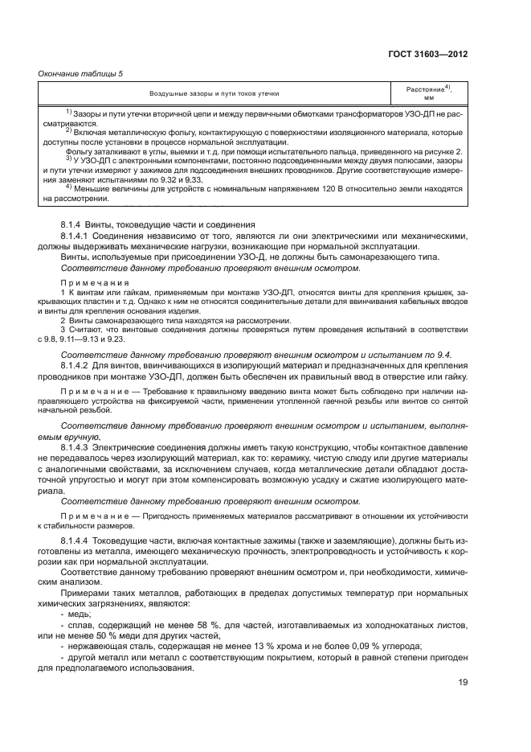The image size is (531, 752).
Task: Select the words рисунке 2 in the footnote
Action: (x=443, y=152)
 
